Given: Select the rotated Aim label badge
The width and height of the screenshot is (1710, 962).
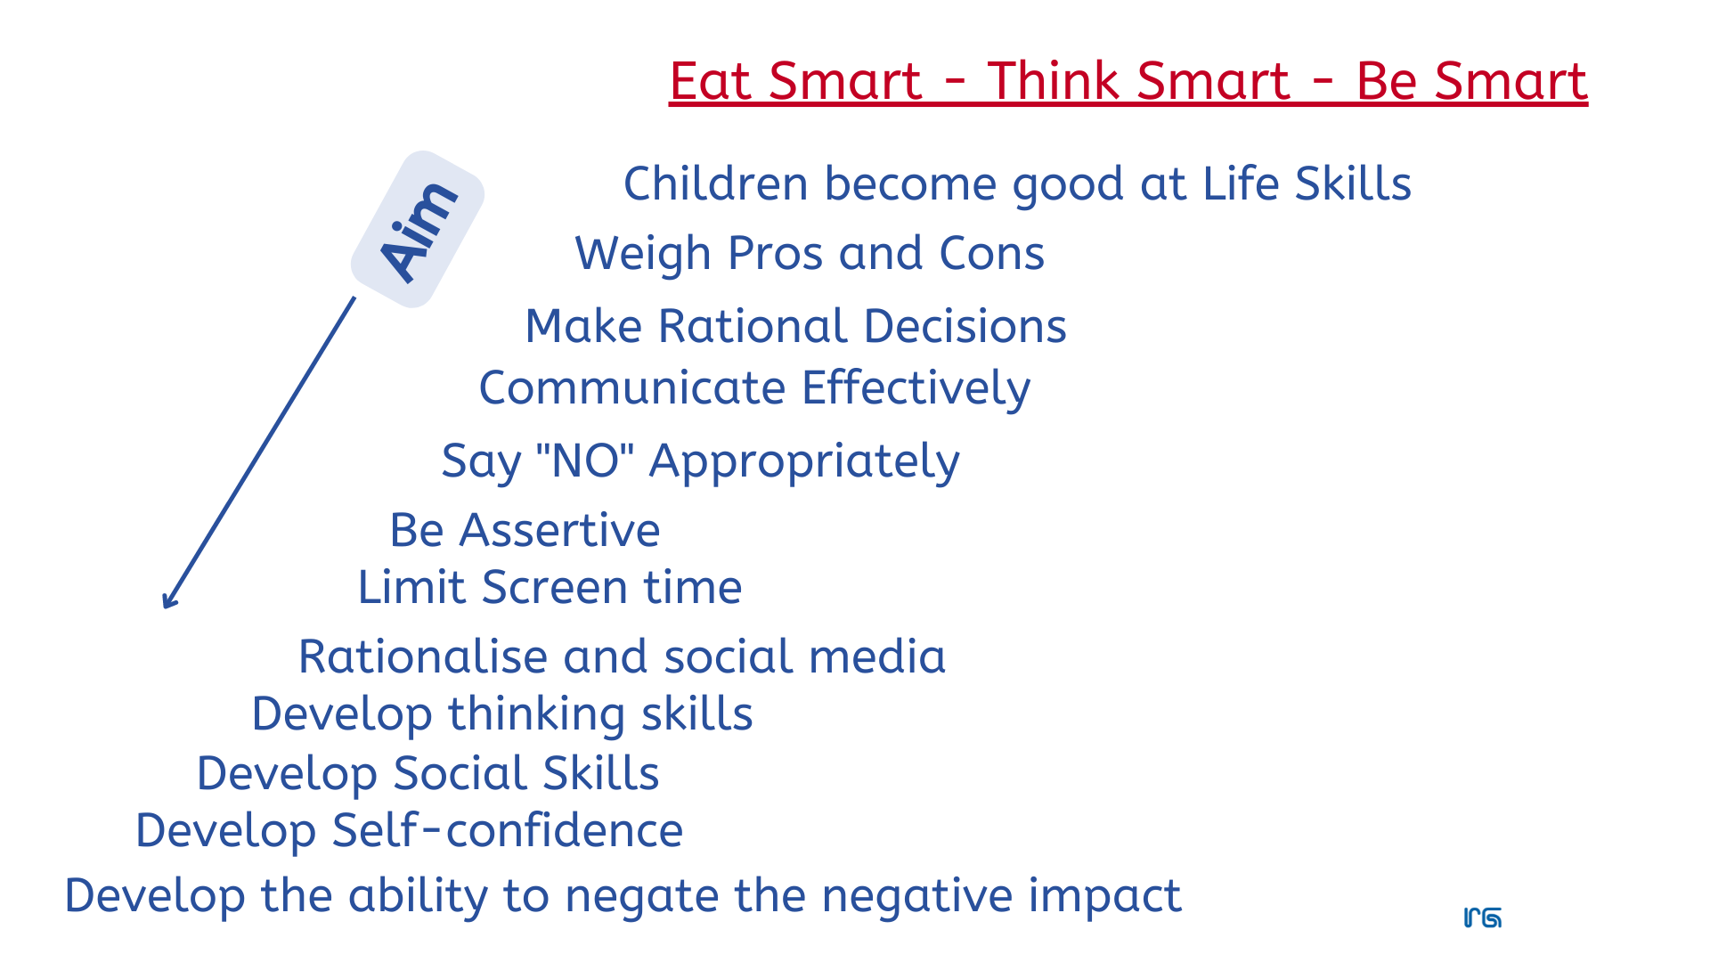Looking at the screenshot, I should [418, 230].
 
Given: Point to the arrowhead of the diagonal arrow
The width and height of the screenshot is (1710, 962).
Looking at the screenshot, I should [168, 602].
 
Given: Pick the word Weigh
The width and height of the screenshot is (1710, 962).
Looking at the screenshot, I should [643, 254].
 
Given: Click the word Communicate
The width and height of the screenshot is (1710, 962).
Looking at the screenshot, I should [632, 388].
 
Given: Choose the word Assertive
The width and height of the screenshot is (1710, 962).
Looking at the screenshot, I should [559, 531].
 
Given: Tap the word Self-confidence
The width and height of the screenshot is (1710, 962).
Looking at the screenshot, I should [507, 831].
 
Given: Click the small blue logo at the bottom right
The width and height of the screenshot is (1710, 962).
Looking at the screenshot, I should [1483, 918].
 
